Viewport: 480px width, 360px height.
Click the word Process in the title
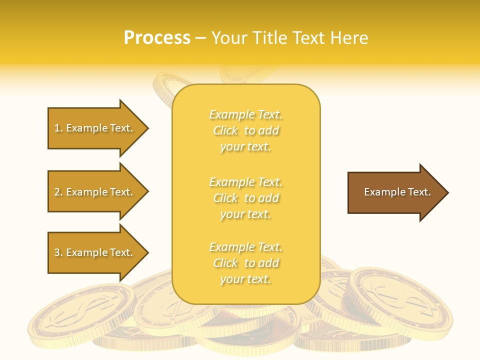click(157, 38)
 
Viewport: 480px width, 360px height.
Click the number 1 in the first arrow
click(57, 128)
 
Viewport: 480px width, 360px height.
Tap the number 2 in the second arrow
click(57, 192)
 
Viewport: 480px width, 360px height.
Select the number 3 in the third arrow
click(57, 252)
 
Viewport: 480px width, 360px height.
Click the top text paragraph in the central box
click(245, 130)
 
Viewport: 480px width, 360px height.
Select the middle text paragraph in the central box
click(245, 198)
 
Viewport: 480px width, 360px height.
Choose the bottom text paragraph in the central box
click(245, 263)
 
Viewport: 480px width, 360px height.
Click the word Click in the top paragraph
click(225, 130)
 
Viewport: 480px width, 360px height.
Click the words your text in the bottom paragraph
click(245, 279)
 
